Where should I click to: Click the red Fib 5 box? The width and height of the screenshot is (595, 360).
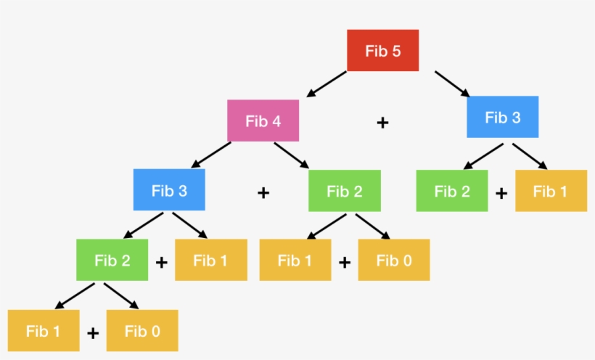tap(382, 51)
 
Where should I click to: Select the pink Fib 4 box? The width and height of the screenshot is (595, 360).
tap(263, 120)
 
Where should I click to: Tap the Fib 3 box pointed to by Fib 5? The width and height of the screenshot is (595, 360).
tap(502, 117)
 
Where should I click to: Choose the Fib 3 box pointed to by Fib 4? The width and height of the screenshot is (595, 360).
tap(169, 190)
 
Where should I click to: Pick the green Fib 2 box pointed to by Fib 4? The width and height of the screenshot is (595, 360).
tap(344, 191)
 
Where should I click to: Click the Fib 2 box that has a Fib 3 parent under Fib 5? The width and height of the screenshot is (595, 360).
tap(451, 191)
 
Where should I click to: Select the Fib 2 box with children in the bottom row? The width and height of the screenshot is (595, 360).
tap(112, 260)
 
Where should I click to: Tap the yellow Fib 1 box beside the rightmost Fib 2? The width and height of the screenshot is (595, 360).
tap(550, 191)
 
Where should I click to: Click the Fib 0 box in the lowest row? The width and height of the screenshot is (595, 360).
tap(142, 331)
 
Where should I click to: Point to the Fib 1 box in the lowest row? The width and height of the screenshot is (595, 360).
tap(44, 331)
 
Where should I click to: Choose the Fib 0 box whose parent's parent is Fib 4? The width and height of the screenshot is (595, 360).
tap(393, 260)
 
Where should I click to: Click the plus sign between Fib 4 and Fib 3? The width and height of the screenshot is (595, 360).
tap(382, 123)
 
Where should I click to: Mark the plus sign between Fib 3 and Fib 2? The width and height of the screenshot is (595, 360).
tap(263, 192)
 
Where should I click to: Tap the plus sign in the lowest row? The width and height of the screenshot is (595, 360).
tap(92, 333)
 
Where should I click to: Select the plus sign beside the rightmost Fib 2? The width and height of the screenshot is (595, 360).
tap(501, 193)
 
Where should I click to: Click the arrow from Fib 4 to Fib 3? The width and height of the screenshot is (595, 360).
tap(211, 154)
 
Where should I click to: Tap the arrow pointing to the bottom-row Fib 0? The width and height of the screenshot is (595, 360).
tap(120, 295)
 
